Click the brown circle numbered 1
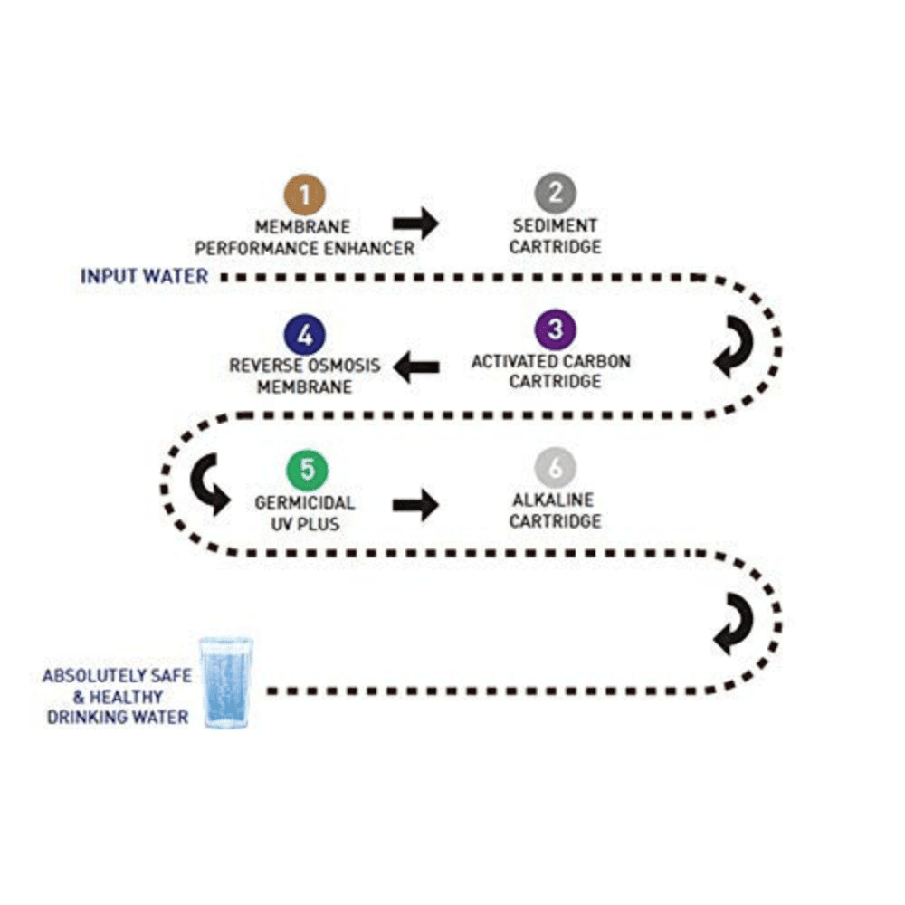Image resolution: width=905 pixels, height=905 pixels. point(305,195)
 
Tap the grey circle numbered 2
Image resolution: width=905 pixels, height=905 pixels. point(555,193)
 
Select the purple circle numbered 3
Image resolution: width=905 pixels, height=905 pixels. point(555,330)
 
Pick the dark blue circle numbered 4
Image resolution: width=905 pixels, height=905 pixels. point(305,335)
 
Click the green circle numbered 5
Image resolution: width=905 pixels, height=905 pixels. point(307,471)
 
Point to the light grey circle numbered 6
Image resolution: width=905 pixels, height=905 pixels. point(555,470)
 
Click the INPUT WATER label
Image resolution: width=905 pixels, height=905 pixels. point(145,276)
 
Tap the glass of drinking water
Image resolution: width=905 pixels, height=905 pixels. point(226,682)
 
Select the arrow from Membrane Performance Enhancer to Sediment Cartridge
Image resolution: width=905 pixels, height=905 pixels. point(415,223)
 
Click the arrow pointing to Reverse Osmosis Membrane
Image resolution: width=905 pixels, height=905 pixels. point(416,367)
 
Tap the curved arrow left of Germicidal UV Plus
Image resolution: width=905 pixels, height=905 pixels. point(209,486)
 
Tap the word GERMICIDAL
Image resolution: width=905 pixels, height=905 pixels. point(305,503)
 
